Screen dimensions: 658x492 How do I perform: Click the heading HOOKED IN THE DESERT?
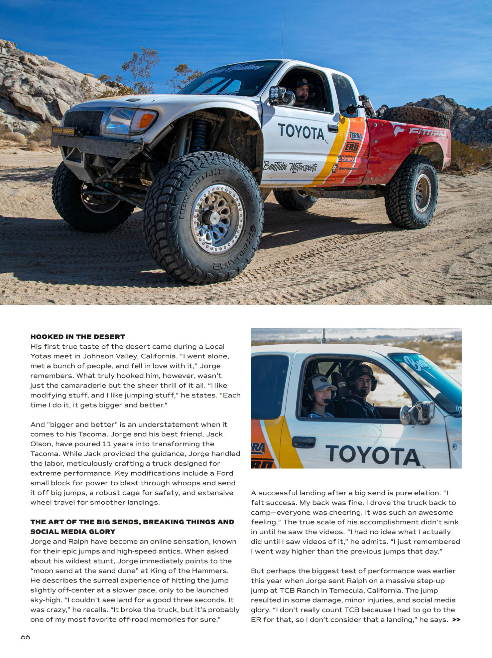click(78, 337)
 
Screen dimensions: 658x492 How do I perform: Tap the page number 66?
click(25, 637)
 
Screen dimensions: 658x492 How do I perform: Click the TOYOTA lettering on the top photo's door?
click(301, 132)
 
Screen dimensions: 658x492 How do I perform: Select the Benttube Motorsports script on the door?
click(290, 166)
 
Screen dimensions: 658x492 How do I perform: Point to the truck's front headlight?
click(119, 121)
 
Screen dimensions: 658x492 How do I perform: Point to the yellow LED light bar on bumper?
click(63, 131)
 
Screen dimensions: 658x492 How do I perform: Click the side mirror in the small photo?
click(418, 413)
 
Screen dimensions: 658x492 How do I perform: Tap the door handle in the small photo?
click(303, 442)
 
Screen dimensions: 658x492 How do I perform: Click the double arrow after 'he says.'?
click(456, 620)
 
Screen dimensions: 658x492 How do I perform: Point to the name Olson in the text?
click(41, 444)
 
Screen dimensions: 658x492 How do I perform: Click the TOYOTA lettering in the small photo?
click(373, 455)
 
